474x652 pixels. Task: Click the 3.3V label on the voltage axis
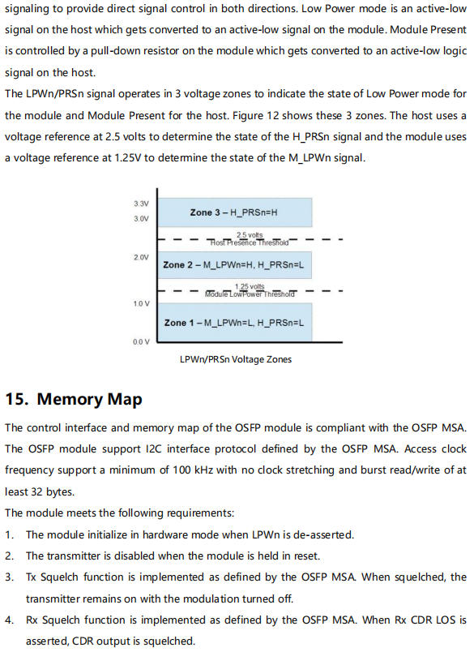click(x=141, y=204)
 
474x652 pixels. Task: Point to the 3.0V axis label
click(x=141, y=218)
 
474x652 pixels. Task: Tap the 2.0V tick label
click(x=141, y=257)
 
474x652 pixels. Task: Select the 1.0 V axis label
click(x=141, y=303)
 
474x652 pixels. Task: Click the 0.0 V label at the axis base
click(x=141, y=341)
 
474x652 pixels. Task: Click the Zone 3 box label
click(x=234, y=212)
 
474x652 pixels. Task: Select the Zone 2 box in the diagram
click(x=234, y=265)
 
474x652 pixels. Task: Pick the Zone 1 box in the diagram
click(x=234, y=322)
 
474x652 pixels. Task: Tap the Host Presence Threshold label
click(x=250, y=242)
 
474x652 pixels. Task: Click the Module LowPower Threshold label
click(x=250, y=294)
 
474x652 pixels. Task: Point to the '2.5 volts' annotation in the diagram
click(x=250, y=235)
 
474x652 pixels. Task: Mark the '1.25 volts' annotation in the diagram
click(x=250, y=286)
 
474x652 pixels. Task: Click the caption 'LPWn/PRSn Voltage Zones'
click(x=236, y=359)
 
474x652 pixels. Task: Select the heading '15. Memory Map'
click(x=74, y=399)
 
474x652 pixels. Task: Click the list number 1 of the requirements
click(x=9, y=534)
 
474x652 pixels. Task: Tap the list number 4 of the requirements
click(x=9, y=620)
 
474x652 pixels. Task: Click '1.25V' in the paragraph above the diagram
click(x=127, y=158)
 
